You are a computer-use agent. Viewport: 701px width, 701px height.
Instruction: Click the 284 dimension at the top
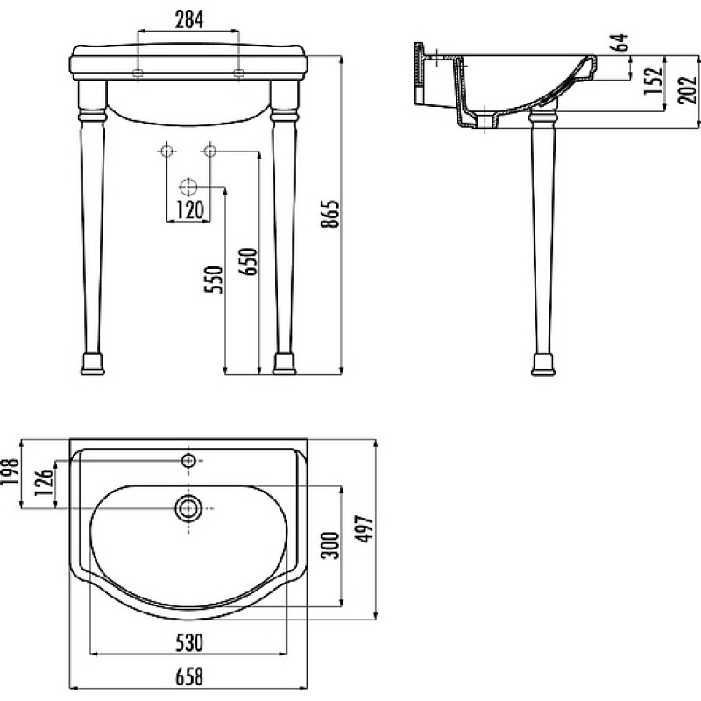click(x=188, y=19)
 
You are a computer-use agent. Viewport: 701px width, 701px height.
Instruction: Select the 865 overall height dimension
click(x=331, y=214)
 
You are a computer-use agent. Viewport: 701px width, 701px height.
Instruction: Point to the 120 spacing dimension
click(x=190, y=210)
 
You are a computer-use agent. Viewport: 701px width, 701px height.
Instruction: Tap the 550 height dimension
click(x=213, y=279)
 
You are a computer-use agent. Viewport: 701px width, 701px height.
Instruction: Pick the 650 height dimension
click(x=249, y=261)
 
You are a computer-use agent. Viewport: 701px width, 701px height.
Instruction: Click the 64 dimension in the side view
click(x=620, y=42)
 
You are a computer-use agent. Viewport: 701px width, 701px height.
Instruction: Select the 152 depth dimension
click(x=653, y=81)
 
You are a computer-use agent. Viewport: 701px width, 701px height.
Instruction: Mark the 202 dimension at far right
click(x=687, y=90)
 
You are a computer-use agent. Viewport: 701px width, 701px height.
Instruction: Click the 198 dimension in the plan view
click(x=11, y=472)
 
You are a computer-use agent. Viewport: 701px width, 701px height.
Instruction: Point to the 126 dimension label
click(x=44, y=483)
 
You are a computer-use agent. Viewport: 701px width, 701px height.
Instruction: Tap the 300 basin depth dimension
click(x=331, y=545)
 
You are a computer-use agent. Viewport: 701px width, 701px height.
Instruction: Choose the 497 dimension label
click(x=364, y=529)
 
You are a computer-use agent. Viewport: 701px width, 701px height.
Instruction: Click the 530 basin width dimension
click(x=189, y=642)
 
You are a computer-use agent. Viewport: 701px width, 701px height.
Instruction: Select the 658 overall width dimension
click(x=189, y=676)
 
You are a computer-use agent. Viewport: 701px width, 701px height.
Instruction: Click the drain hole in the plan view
click(x=188, y=508)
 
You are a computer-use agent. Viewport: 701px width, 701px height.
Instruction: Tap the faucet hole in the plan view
click(x=188, y=460)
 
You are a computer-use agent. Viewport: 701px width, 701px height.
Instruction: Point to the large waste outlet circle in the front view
click(x=188, y=187)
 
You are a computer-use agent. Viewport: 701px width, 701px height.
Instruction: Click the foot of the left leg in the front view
click(x=93, y=364)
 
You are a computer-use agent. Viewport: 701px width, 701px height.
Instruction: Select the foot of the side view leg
click(x=543, y=365)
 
